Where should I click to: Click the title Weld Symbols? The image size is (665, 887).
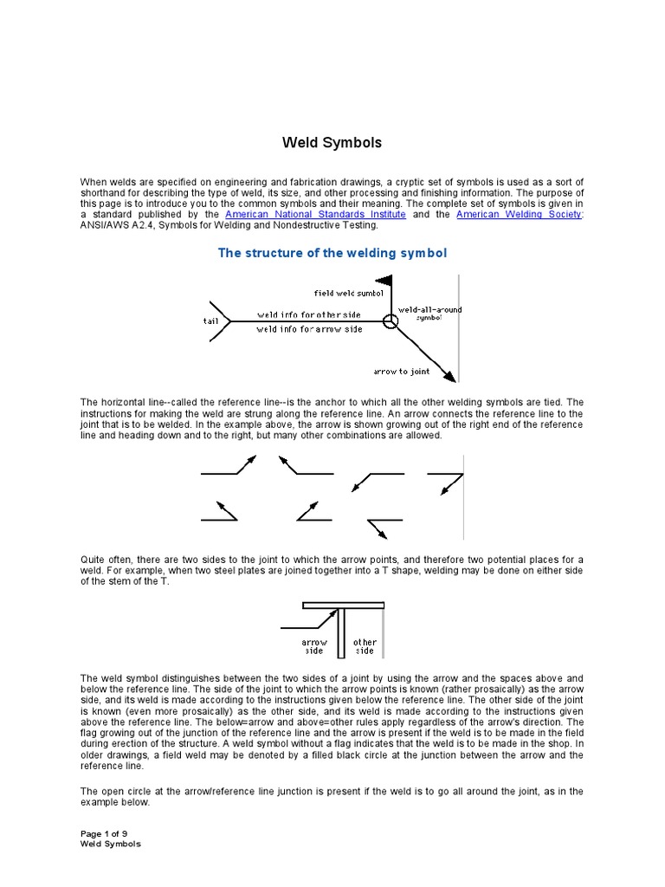pyautogui.click(x=332, y=142)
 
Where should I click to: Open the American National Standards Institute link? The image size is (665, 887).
pyautogui.click(x=315, y=214)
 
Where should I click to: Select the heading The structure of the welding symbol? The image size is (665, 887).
pyautogui.click(x=332, y=253)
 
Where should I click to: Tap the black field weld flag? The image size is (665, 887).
pyautogui.click(x=385, y=280)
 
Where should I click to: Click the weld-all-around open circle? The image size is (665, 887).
pyautogui.click(x=391, y=322)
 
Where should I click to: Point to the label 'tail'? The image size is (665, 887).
pyautogui.click(x=211, y=320)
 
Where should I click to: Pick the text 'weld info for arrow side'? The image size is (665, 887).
pyautogui.click(x=308, y=329)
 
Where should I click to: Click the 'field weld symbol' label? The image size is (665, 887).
pyautogui.click(x=349, y=294)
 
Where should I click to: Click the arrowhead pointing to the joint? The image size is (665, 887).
pyautogui.click(x=449, y=375)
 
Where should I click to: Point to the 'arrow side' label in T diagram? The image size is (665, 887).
pyautogui.click(x=314, y=646)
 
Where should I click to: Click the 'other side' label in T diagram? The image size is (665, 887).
pyautogui.click(x=365, y=646)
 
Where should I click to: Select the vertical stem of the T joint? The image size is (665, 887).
pyautogui.click(x=342, y=632)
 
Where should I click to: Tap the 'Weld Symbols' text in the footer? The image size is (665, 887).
pyautogui.click(x=110, y=843)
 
